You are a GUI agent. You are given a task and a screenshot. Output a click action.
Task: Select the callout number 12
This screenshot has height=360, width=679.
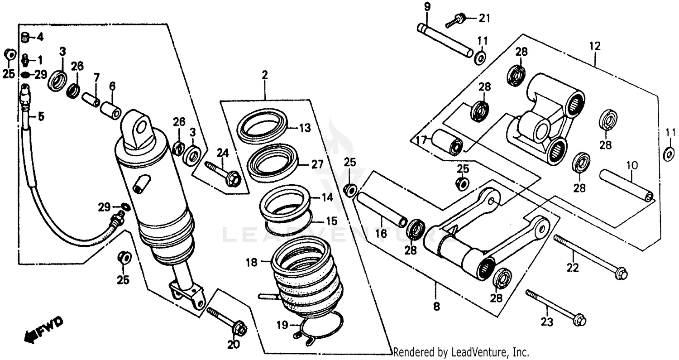click(594, 46)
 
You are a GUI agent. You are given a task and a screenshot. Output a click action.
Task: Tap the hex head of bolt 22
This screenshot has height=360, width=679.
click(622, 274)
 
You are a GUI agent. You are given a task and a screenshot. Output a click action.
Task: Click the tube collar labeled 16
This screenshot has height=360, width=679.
click(382, 209)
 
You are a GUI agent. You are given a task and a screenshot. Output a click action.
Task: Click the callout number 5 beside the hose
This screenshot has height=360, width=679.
click(41, 117)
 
